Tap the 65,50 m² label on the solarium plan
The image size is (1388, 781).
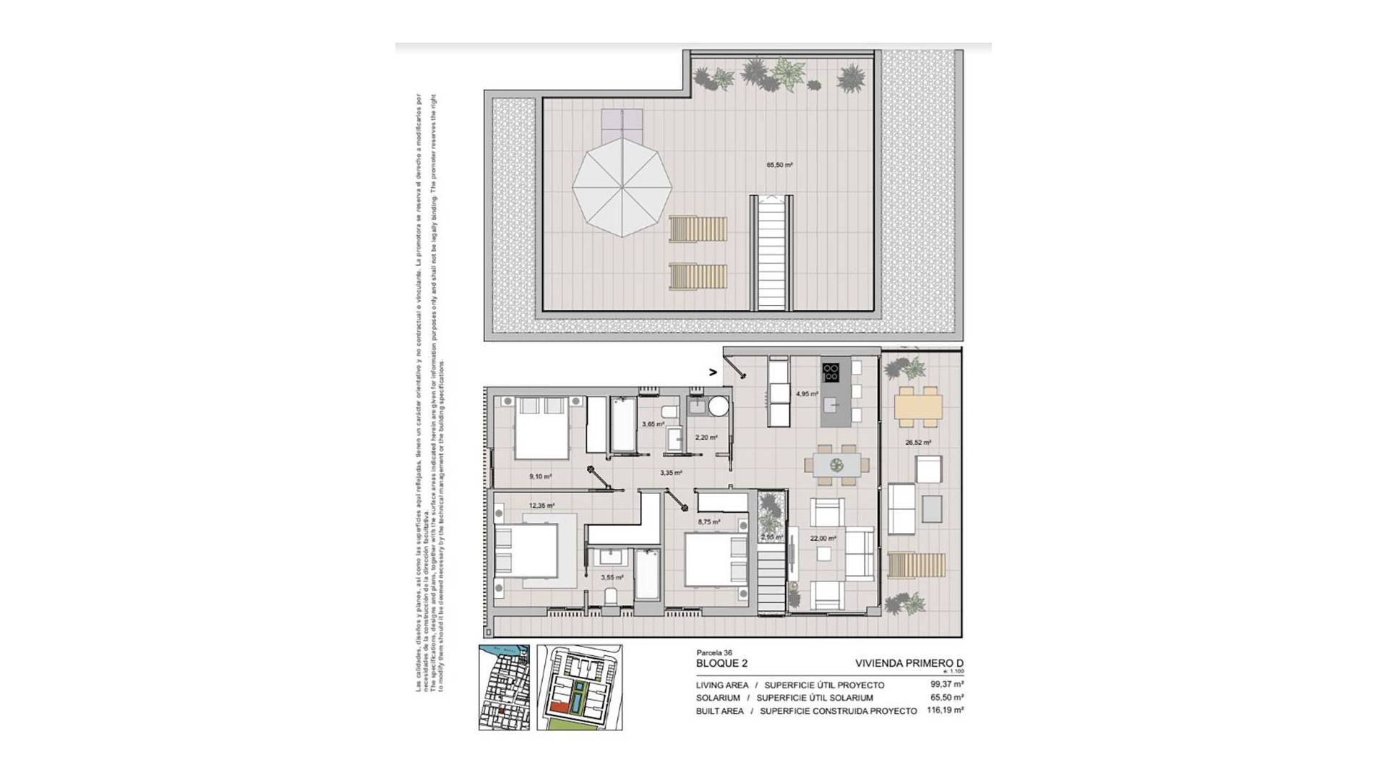point(779,165)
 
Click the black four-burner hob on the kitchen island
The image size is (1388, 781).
point(831,372)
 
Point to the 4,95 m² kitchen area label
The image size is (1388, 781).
point(807,394)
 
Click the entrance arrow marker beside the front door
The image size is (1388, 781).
point(713,373)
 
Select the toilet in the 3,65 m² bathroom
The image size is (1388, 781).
point(669,413)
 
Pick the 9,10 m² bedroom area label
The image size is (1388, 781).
point(540,477)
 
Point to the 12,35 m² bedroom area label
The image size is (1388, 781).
point(541,506)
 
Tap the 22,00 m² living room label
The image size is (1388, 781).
point(823,538)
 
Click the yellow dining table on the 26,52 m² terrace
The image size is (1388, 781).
point(918,406)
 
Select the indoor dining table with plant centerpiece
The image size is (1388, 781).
point(837,464)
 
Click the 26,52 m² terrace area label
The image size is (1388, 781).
point(918,443)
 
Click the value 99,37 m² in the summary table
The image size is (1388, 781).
point(947,684)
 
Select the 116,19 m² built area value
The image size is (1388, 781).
point(947,711)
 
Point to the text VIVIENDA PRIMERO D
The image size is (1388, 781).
point(909,663)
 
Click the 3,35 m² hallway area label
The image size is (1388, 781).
point(671,473)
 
